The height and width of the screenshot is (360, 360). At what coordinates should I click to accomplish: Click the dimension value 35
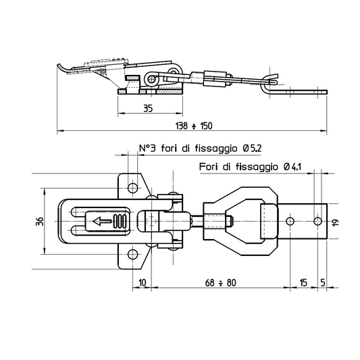pyautogui.click(x=148, y=108)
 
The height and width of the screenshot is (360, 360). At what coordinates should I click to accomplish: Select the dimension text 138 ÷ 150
pyautogui.click(x=194, y=126)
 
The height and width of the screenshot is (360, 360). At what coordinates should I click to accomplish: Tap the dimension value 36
pyautogui.click(x=39, y=221)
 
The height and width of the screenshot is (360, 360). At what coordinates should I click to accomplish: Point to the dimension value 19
pyautogui.click(x=336, y=222)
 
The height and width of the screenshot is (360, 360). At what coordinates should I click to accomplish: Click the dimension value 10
pyautogui.click(x=142, y=282)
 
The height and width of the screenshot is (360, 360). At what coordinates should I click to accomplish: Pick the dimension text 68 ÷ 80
pyautogui.click(x=220, y=282)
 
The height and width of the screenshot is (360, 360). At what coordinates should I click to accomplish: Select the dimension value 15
pyautogui.click(x=303, y=282)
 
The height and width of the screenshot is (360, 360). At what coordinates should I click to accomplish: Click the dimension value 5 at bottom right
pyautogui.click(x=323, y=282)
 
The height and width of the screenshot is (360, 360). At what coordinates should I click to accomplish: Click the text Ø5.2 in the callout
pyautogui.click(x=252, y=149)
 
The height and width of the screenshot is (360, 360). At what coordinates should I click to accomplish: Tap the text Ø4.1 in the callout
pyautogui.click(x=292, y=167)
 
